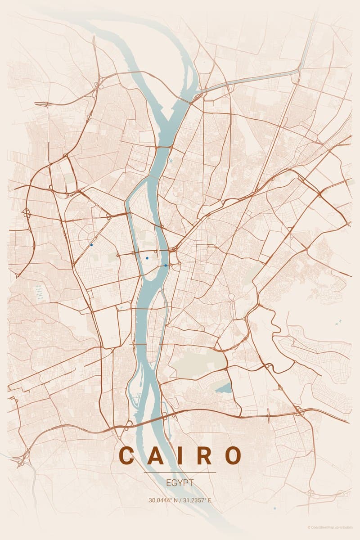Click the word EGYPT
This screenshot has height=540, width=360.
point(180,483)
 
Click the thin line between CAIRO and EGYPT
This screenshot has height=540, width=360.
point(180,472)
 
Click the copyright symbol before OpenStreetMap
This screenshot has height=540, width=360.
point(309,527)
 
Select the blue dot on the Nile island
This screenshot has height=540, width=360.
point(147,258)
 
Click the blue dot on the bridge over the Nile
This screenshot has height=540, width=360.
point(166,265)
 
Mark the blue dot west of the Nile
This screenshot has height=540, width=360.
point(91,245)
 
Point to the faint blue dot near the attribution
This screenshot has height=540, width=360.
point(274,508)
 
